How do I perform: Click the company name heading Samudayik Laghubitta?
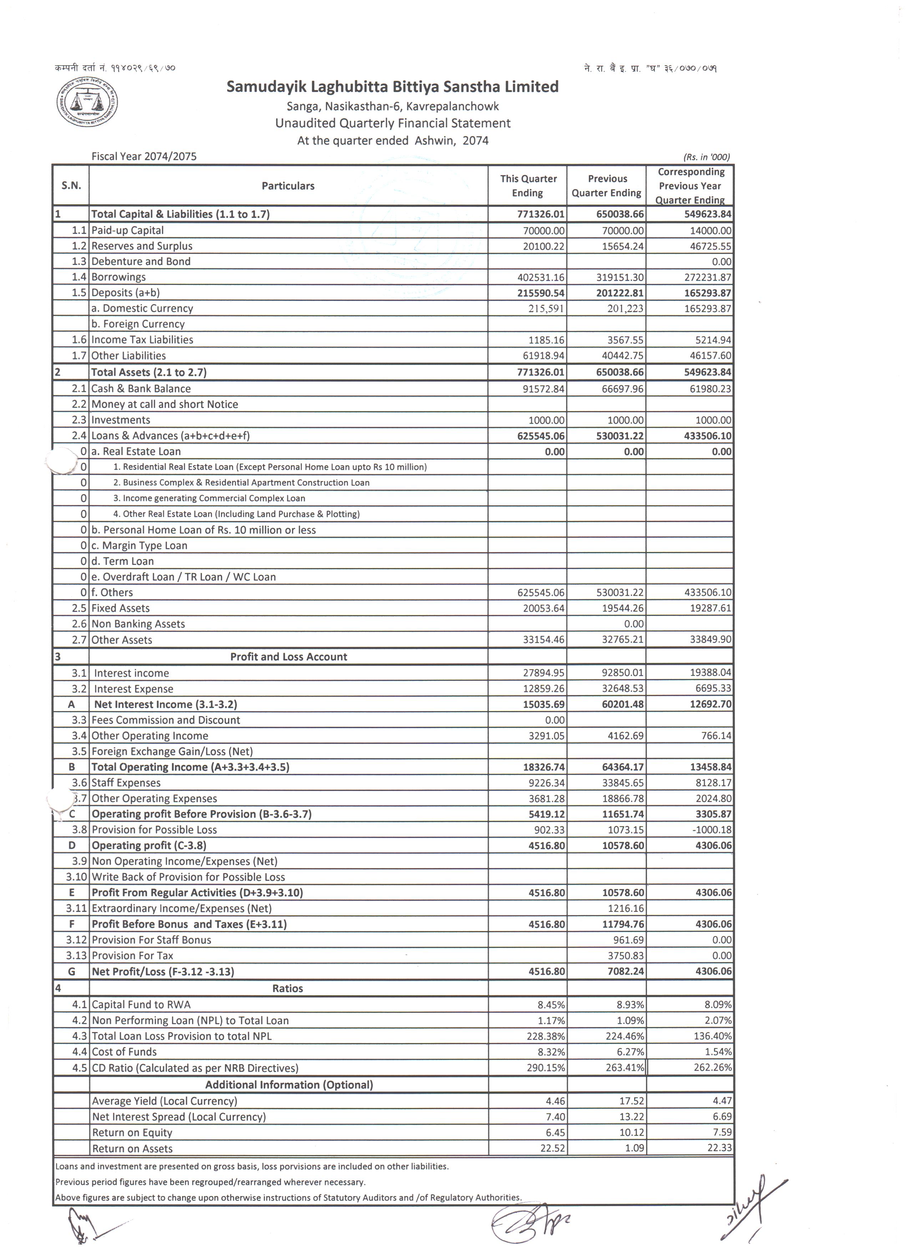[x=392, y=87]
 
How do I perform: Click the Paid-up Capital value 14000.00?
[x=710, y=231]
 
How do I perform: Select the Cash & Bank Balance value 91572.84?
[x=544, y=389]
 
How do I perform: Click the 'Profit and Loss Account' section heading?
[x=288, y=657]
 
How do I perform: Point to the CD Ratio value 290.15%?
[x=546, y=1068]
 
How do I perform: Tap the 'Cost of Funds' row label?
[x=124, y=1052]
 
